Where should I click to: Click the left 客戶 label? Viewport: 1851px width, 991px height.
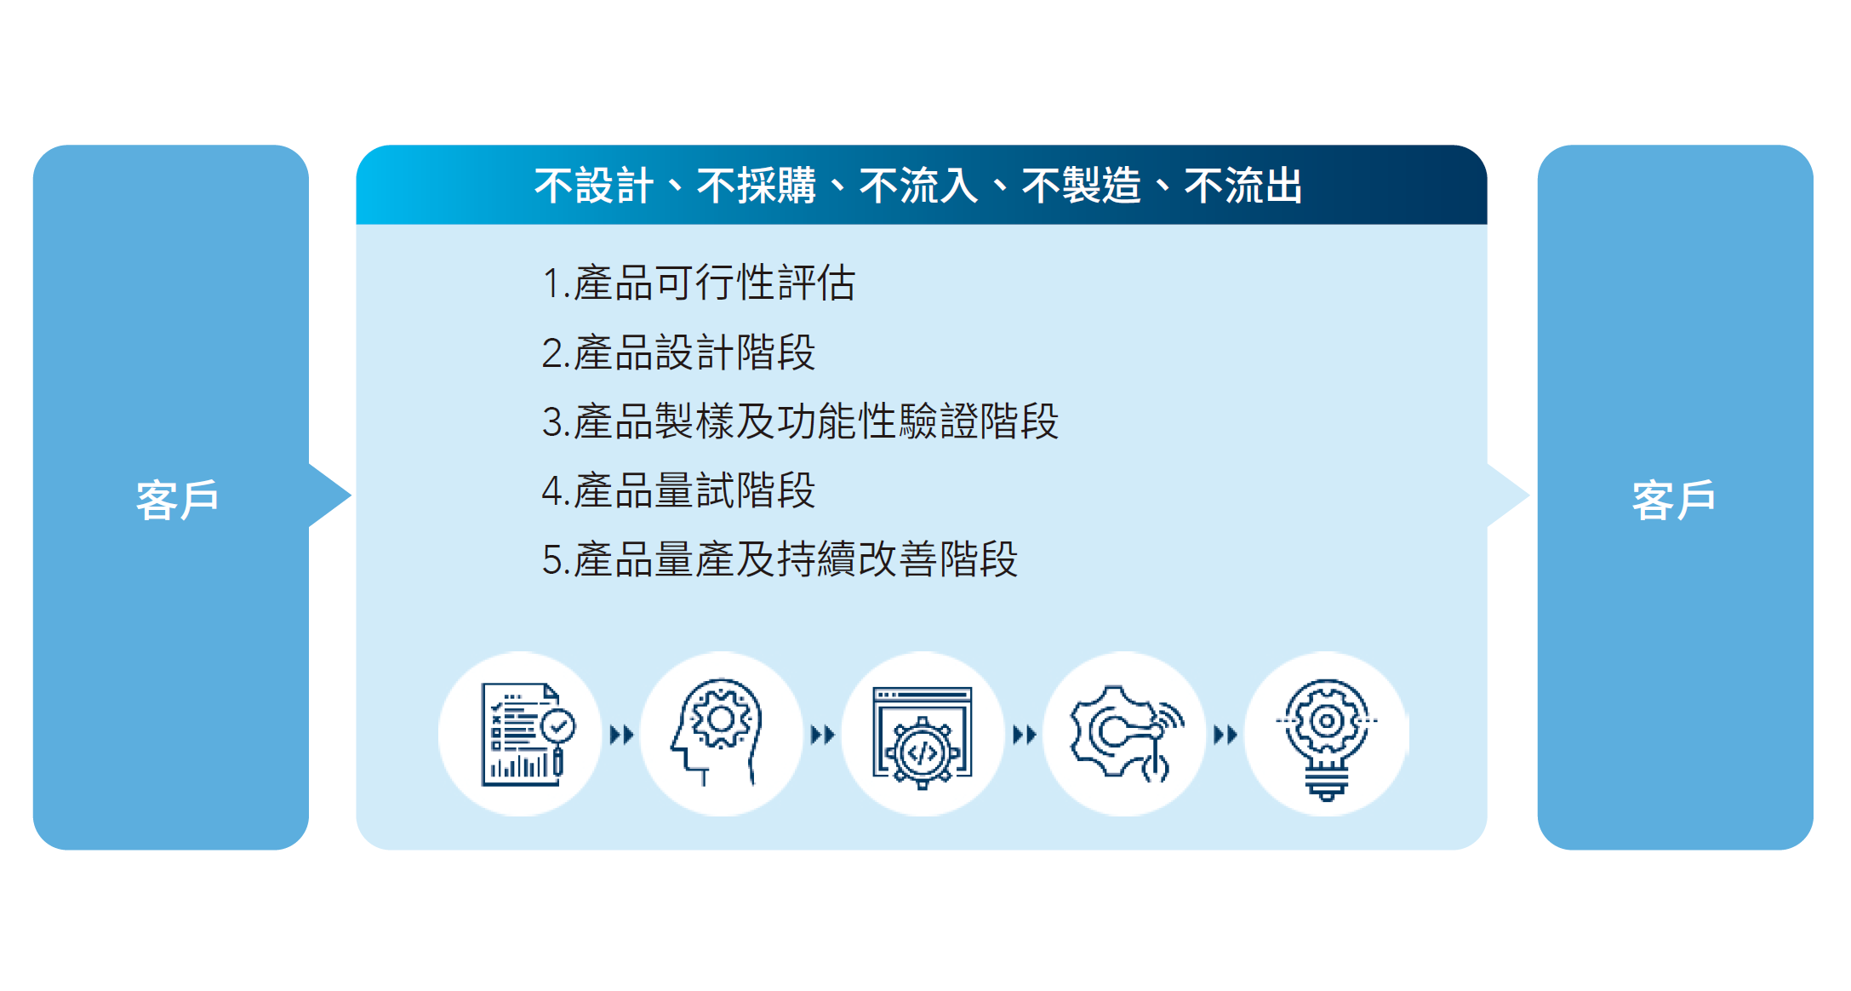coord(178,499)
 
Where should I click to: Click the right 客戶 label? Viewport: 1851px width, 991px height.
coord(1674,499)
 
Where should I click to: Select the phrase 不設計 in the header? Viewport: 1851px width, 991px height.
coord(594,186)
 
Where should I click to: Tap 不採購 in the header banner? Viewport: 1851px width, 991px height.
coord(757,186)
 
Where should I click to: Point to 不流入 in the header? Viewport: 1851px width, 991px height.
coord(919,186)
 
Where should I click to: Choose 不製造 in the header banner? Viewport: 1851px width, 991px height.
coord(1082,186)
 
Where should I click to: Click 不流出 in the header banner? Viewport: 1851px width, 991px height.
coord(1243,186)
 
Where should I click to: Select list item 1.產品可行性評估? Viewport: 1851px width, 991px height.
coord(699,283)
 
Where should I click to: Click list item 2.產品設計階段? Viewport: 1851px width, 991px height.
coord(678,352)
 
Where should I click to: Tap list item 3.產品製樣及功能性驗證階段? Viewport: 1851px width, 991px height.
coord(800,421)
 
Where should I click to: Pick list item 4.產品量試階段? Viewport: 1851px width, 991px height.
coord(678,491)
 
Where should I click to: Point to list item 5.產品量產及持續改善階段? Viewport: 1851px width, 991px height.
coord(780,560)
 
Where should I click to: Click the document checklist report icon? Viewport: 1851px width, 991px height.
coord(528,734)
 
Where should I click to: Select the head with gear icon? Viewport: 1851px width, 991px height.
coord(716,732)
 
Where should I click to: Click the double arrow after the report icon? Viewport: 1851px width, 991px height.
coord(622,734)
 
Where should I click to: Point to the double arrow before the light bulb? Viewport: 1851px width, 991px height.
coord(1225,734)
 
